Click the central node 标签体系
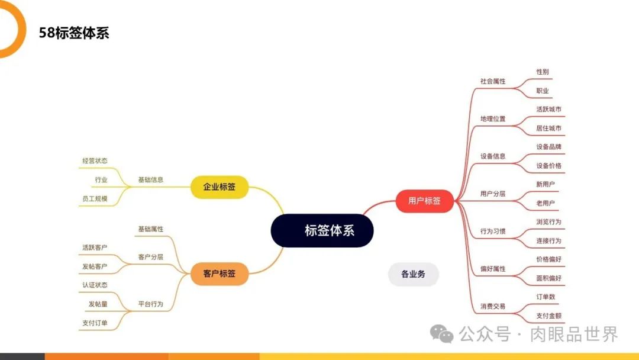(322, 230)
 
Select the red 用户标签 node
(424, 201)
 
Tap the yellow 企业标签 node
(219, 187)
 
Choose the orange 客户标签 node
(219, 274)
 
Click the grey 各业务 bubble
(413, 274)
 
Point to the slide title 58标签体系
(74, 33)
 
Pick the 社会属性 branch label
(493, 81)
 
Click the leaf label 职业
(543, 91)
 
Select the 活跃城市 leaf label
(548, 110)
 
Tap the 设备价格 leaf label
(548, 166)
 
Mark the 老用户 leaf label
(546, 203)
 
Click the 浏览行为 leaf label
(548, 222)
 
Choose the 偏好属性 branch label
(493, 269)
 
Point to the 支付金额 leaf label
(548, 316)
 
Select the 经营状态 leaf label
(95, 160)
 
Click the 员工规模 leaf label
(95, 198)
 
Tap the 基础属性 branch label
(150, 229)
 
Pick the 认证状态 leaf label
(95, 285)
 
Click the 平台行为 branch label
(150, 304)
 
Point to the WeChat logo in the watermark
(442, 334)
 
